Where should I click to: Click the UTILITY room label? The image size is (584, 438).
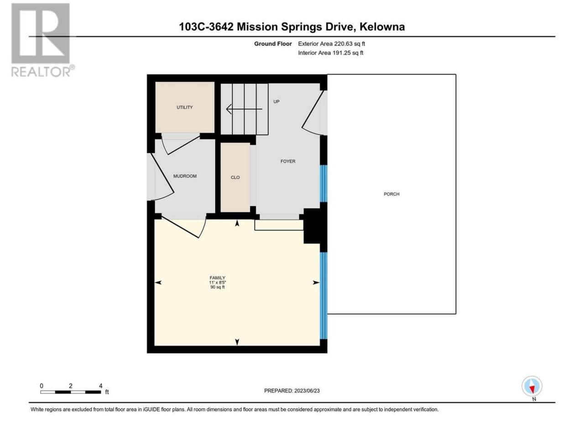184,107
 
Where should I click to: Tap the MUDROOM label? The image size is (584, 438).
185,176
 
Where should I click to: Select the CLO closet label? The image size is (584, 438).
235,177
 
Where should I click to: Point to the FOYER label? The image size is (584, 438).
288,161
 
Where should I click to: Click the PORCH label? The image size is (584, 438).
391,194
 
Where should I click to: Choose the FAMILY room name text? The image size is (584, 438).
217,278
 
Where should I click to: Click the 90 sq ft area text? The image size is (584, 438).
217,287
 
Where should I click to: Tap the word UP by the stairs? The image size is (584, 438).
276,102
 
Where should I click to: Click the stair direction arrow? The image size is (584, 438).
244,109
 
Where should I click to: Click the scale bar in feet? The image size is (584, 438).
71,392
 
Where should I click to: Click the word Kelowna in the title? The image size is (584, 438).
382,27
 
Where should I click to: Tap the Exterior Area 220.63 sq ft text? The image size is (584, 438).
332,44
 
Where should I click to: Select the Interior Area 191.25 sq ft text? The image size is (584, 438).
330,52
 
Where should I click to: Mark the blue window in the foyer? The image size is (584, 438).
323,183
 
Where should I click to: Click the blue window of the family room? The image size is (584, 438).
323,296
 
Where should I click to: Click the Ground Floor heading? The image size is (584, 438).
273,44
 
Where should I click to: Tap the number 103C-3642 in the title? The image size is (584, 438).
206,27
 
